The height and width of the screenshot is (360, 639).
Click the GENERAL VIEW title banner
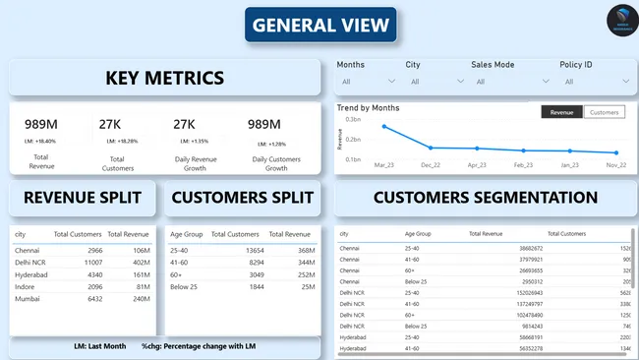pos(320,25)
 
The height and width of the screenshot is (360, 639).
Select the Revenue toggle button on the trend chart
pos(561,113)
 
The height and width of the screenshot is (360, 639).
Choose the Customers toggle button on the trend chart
pos(604,113)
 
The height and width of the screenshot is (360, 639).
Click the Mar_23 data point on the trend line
pos(384,127)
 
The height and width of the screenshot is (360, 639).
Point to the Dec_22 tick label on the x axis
pos(431,165)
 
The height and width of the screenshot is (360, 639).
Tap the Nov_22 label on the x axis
pos(616,165)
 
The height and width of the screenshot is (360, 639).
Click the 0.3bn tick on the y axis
pos(353,117)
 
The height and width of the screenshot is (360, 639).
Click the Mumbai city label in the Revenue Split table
pos(28,298)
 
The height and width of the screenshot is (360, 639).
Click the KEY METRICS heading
pos(165,78)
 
